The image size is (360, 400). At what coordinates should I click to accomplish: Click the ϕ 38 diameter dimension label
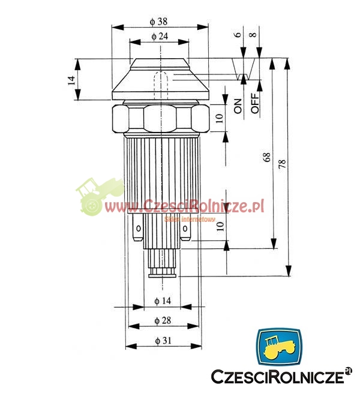click(158, 22)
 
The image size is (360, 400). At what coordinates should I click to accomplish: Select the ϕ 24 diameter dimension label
click(160, 36)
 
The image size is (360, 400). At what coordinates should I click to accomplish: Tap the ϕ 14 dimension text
click(163, 301)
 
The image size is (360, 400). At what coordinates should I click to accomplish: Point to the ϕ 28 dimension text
click(163, 320)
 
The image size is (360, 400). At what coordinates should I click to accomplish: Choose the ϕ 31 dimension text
click(163, 340)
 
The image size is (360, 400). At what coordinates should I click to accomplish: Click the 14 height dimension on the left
click(72, 80)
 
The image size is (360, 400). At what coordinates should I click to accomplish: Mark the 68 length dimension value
click(266, 157)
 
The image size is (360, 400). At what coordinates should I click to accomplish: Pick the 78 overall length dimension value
click(282, 164)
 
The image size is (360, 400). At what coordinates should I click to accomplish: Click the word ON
click(238, 106)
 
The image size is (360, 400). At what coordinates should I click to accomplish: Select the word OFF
click(255, 103)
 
